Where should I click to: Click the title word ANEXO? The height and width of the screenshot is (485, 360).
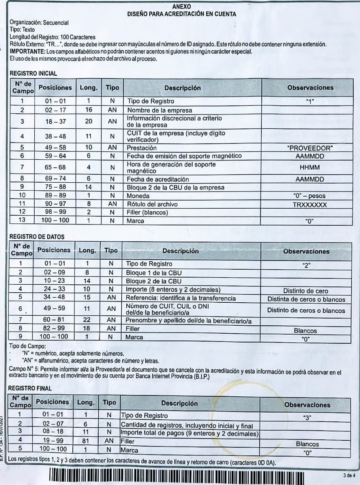[181, 7]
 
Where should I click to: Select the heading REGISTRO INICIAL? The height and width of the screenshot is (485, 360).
[33, 73]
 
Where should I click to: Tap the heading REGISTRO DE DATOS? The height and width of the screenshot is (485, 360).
[37, 237]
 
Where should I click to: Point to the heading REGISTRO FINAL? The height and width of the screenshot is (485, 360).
[30, 388]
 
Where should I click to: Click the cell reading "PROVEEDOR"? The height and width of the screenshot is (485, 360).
[310, 148]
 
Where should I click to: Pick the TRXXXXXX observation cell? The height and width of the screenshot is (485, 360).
[310, 205]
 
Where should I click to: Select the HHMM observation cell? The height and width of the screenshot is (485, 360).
[310, 167]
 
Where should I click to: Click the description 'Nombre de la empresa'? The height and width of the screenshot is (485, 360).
[159, 110]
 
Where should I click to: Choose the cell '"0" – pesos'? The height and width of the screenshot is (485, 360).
[310, 196]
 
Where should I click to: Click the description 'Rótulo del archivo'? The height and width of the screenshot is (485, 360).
[153, 204]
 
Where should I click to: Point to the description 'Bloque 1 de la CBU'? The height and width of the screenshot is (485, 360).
[153, 273]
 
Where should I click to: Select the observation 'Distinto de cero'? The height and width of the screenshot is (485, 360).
[305, 291]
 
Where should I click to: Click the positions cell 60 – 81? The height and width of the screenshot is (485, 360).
[54, 320]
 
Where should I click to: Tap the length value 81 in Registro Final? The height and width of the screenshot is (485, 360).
[85, 441]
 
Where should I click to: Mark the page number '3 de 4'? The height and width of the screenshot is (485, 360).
[348, 475]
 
